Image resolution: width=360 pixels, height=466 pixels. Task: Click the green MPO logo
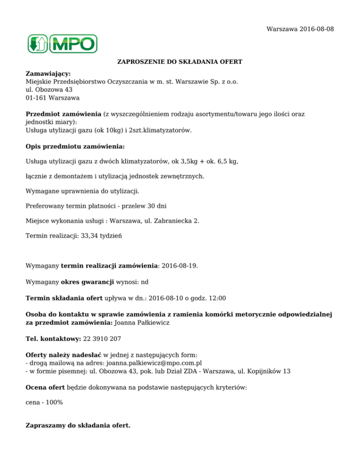pyautogui.click(x=62, y=44)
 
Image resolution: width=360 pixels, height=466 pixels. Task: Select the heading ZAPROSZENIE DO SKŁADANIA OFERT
pyautogui.click(x=180, y=62)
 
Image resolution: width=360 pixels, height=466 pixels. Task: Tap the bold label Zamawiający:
pyautogui.click(x=48, y=74)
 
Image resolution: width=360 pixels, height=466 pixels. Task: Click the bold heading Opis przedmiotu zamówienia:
pyautogui.click(x=75, y=146)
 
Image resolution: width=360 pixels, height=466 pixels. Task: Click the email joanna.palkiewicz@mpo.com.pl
pyautogui.click(x=155, y=362)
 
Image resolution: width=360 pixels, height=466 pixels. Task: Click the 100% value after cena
pyautogui.click(x=54, y=402)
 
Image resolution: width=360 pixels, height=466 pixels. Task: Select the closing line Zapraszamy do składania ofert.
pyautogui.click(x=78, y=426)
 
